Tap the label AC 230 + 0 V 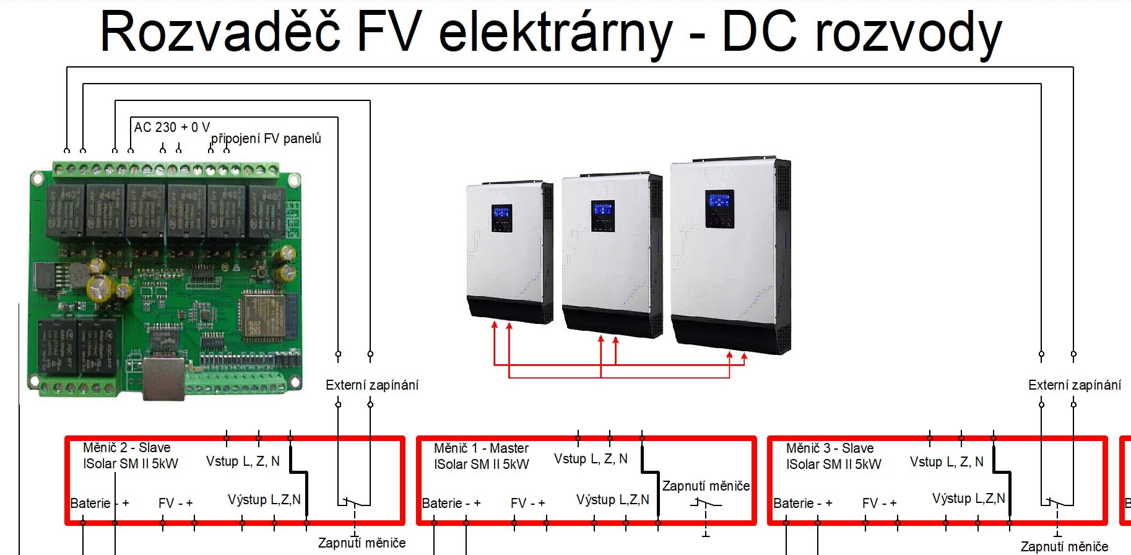pyautogui.click(x=171, y=128)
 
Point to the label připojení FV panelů pyautogui.click(x=266, y=139)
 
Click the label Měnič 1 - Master pyautogui.click(x=481, y=448)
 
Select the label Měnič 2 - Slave pyautogui.click(x=126, y=447)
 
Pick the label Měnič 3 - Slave pyautogui.click(x=830, y=448)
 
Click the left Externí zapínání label pyautogui.click(x=372, y=385)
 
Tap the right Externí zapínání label pyautogui.click(x=1074, y=385)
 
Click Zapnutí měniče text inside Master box pyautogui.click(x=706, y=486)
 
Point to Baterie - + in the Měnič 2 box pyautogui.click(x=100, y=503)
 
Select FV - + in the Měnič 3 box pyautogui.click(x=879, y=503)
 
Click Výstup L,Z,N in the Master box pyautogui.click(x=612, y=499)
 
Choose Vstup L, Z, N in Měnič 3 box pyautogui.click(x=947, y=461)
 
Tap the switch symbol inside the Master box pyautogui.click(x=706, y=504)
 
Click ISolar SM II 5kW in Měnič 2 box pyautogui.click(x=131, y=463)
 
